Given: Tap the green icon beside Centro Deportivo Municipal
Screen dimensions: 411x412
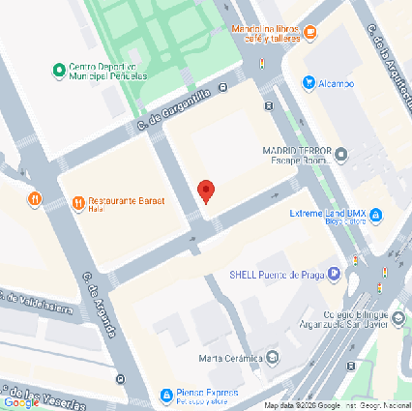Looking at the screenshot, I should tap(58, 70).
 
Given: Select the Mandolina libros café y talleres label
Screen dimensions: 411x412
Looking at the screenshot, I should tap(265, 34).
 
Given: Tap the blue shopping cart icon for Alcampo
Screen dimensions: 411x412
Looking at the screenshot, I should tap(309, 83).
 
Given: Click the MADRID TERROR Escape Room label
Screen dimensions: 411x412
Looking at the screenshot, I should tap(297, 156).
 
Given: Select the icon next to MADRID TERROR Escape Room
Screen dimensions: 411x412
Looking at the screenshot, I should tap(340, 152).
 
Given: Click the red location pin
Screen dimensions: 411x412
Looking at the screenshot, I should tap(205, 191).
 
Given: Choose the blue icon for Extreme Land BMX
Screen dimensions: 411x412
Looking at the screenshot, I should tap(376, 215).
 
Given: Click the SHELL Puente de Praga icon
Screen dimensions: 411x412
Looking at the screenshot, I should tap(334, 274).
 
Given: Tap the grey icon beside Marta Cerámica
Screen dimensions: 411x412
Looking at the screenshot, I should tap(272, 359).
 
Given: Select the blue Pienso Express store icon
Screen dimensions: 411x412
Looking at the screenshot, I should tap(166, 395).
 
